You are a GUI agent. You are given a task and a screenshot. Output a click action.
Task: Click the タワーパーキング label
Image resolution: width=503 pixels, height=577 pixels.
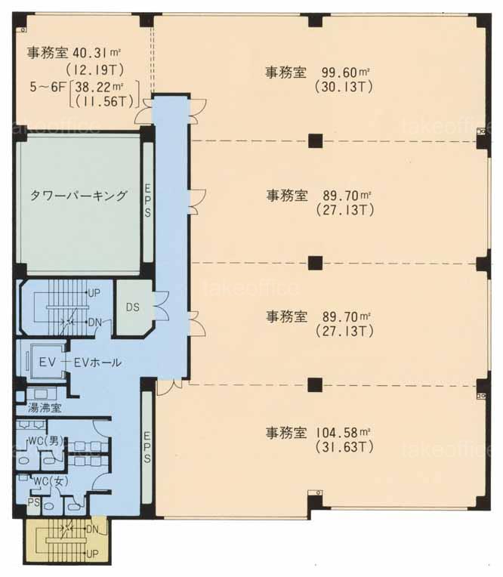click(x=79, y=196)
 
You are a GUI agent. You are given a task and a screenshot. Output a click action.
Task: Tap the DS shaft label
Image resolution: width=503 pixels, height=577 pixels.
click(x=132, y=307)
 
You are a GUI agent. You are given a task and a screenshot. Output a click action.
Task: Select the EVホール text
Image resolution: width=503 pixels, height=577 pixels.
click(x=98, y=363)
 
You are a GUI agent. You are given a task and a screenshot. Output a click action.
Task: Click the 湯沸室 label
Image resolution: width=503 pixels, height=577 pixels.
click(x=45, y=408)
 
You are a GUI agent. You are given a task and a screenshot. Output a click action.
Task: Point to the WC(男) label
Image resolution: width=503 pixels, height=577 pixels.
click(x=45, y=441)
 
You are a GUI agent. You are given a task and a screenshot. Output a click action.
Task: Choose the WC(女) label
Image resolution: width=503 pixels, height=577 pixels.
click(x=51, y=481)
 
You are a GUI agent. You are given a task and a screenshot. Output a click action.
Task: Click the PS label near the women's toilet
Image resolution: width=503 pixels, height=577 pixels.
click(x=34, y=502)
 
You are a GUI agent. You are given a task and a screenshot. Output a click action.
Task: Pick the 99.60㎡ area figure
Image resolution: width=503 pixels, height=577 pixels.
click(x=345, y=73)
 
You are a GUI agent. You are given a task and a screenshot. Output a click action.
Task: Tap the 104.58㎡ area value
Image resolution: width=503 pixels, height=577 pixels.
click(x=343, y=433)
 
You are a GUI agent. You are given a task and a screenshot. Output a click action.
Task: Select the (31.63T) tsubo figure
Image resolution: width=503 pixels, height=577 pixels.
click(x=344, y=447)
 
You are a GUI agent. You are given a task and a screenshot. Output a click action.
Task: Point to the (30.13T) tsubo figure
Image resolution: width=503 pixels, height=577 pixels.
click(x=344, y=87)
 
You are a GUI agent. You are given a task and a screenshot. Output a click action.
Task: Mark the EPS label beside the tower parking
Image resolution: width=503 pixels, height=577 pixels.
click(x=147, y=201)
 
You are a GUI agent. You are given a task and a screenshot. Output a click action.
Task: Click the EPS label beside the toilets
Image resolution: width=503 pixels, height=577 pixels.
click(x=147, y=447)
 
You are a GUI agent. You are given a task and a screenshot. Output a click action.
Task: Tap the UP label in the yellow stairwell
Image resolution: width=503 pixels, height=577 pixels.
click(x=91, y=554)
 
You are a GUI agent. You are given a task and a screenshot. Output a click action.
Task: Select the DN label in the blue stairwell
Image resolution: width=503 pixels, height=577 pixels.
click(x=94, y=322)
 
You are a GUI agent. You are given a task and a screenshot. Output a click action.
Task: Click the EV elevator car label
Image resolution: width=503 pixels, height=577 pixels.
click(x=48, y=363)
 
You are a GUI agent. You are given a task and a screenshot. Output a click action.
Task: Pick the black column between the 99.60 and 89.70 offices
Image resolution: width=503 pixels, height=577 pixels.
click(x=316, y=140)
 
